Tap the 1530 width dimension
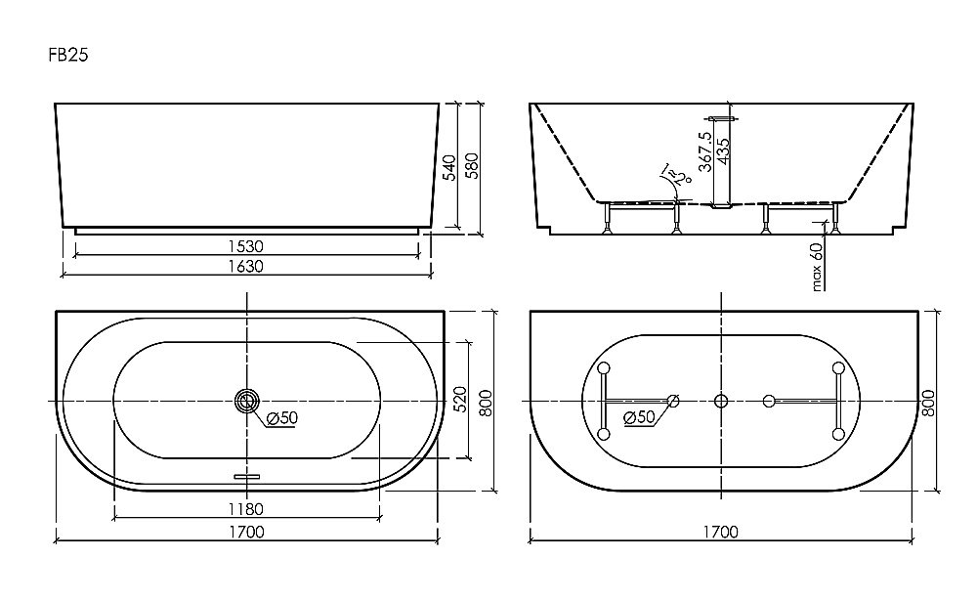pyautogui.click(x=247, y=245)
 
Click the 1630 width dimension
pyautogui.click(x=247, y=266)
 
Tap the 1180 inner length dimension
pyautogui.click(x=246, y=509)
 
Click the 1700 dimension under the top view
pyautogui.click(x=247, y=533)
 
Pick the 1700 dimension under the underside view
pyautogui.click(x=720, y=533)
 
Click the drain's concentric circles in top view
pyautogui.click(x=247, y=400)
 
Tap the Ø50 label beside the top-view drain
pyautogui.click(x=282, y=419)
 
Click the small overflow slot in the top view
pyautogui.click(x=247, y=477)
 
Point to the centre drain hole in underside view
pyautogui.click(x=721, y=400)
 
